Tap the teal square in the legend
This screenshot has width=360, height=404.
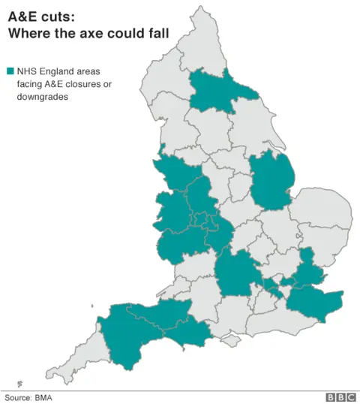point(10,71)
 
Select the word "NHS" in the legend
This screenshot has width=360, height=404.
point(28,71)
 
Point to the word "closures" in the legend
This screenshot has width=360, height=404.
point(91,84)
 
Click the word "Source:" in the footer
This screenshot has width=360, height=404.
point(19,397)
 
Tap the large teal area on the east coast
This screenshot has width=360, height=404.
point(269,180)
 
